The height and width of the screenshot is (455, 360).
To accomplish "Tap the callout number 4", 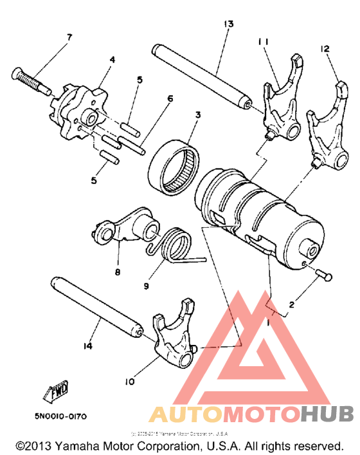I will [112, 60].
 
